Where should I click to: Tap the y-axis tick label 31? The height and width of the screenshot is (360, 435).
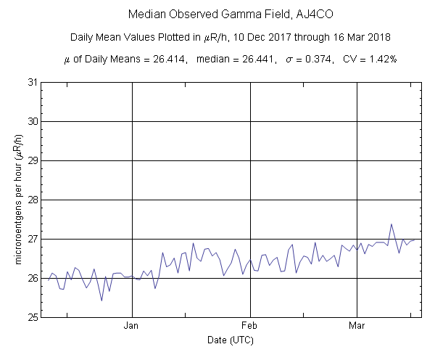pyautogui.click(x=32, y=82)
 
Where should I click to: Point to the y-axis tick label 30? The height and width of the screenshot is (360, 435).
pyautogui.click(x=32, y=121)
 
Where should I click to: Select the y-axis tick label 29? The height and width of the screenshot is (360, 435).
pyautogui.click(x=32, y=160)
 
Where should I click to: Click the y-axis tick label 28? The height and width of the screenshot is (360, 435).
pyautogui.click(x=32, y=200)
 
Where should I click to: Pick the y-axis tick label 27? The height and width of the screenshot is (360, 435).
pyautogui.click(x=32, y=239)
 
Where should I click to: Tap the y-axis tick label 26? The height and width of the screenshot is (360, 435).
pyautogui.click(x=32, y=278)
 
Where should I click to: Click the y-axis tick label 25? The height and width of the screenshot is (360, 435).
pyautogui.click(x=32, y=317)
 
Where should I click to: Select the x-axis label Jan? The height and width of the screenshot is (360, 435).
pyautogui.click(x=132, y=326)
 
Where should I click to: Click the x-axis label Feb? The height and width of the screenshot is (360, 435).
pyautogui.click(x=250, y=326)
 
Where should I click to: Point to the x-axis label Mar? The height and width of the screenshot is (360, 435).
pyautogui.click(x=357, y=326)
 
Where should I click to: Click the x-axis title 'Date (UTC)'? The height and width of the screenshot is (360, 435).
pyautogui.click(x=231, y=340)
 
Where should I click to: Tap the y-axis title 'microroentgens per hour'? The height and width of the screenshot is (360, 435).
pyautogui.click(x=15, y=200)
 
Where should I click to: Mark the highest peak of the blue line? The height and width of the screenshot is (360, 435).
pyautogui.click(x=391, y=224)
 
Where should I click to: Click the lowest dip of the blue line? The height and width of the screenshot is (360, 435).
pyautogui.click(x=101, y=300)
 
